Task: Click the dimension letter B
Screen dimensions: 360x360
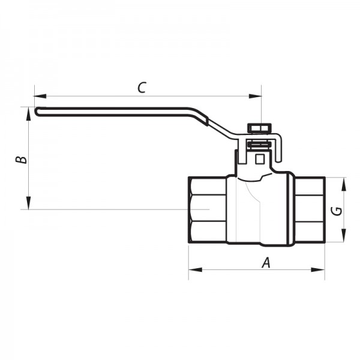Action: [x=21, y=160]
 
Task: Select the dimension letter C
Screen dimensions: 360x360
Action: [x=142, y=88]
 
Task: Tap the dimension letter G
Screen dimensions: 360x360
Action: [x=337, y=211]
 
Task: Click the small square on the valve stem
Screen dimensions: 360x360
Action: [x=260, y=159]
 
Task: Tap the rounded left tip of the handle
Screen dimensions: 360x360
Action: [x=37, y=110]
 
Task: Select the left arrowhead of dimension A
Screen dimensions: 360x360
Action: [x=193, y=270]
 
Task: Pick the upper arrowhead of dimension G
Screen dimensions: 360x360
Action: [x=344, y=182]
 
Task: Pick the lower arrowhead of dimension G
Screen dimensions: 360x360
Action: [x=344, y=239]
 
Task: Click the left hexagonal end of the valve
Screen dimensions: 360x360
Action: [x=207, y=210]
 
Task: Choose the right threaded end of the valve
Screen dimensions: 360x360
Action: [x=309, y=210]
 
